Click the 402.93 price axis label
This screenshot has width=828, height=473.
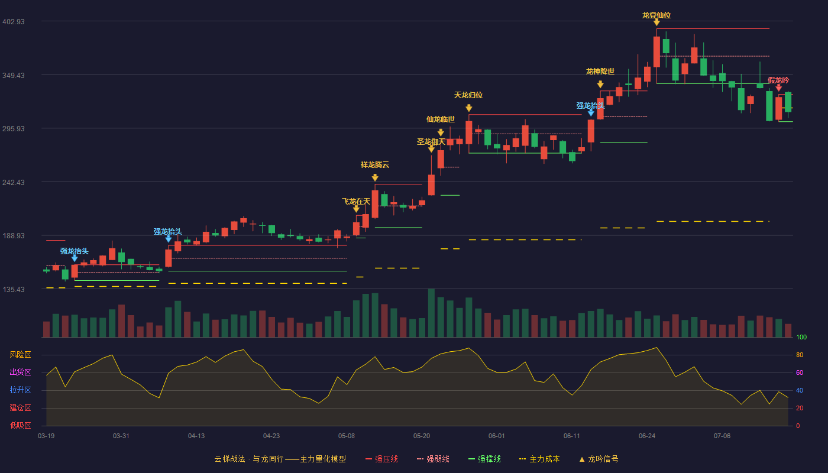tap(14, 21)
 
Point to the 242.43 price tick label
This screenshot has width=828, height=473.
tap(14, 183)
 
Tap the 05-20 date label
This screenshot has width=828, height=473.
tap(421, 436)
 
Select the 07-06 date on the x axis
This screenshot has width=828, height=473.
tap(722, 436)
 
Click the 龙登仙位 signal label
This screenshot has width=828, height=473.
tap(656, 15)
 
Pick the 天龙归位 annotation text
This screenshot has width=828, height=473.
tap(468, 95)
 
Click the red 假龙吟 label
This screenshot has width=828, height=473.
tap(778, 80)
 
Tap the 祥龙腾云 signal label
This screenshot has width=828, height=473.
tap(375, 165)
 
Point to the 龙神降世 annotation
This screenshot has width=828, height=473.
tap(600, 72)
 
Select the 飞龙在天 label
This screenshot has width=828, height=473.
tap(356, 202)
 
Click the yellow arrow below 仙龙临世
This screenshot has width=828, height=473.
tap(441, 132)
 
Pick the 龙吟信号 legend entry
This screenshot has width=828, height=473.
tap(599, 459)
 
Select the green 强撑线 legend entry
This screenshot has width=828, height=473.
tap(484, 459)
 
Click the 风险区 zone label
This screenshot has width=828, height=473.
tap(20, 355)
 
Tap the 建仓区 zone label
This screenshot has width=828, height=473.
tap(20, 407)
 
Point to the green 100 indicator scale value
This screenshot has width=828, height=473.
tap(801, 337)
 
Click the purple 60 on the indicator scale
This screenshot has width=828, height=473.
tap(800, 372)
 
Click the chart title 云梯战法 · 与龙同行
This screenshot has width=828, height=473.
tap(249, 459)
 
